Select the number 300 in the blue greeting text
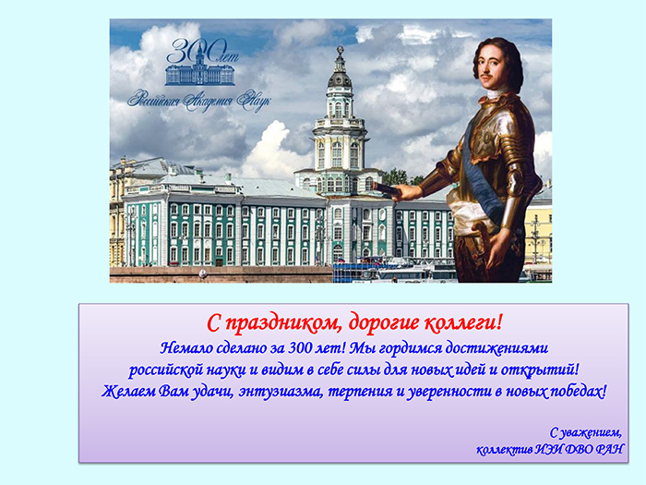(x=300, y=348)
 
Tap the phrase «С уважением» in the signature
(x=585, y=432)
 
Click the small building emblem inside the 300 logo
(x=200, y=69)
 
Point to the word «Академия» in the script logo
(x=208, y=101)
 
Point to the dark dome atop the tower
(x=340, y=79)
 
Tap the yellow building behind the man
(x=539, y=231)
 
